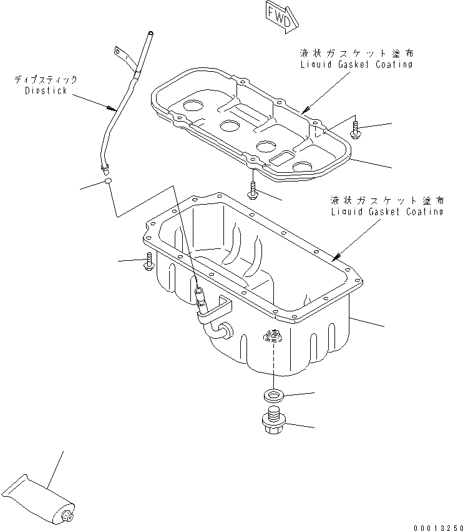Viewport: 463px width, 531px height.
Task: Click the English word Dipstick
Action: [x=46, y=90]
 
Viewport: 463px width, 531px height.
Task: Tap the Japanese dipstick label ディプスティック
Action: [x=47, y=80]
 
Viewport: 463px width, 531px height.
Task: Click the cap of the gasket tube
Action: [x=67, y=515]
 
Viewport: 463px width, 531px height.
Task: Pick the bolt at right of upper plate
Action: [x=356, y=130]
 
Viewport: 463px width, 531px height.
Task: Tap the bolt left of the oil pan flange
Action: [x=149, y=262]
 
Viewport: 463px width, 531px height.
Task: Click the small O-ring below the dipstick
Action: [x=108, y=182]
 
